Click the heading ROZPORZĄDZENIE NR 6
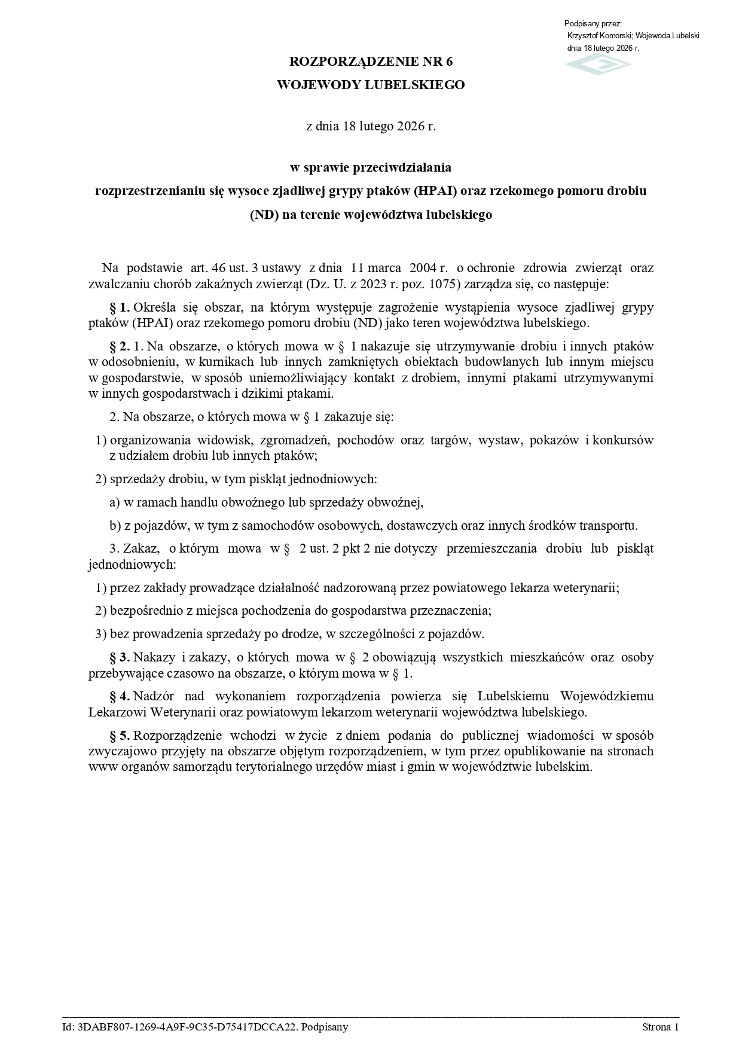coord(371,62)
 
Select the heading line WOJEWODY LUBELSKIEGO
coord(371,85)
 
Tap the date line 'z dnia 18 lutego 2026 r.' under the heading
coord(371,126)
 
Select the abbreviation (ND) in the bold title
coord(264,215)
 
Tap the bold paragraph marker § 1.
coord(120,307)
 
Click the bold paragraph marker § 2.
coord(120,346)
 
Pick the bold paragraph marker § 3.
coord(120,657)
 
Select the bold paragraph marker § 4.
coord(120,696)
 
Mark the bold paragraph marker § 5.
coord(120,735)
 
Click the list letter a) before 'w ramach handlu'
coord(115,503)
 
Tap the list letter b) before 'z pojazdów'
coord(115,526)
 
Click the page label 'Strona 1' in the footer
coord(660,1027)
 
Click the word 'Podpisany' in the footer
coord(325,1027)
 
